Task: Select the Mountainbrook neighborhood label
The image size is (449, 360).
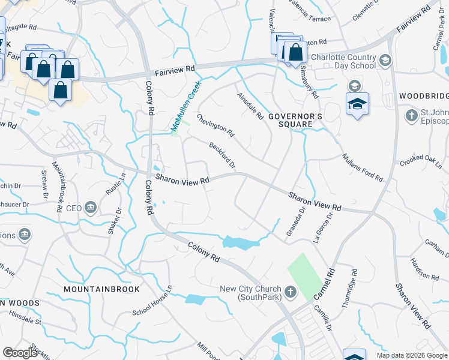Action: point(101,289)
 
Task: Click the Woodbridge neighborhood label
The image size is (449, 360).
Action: point(424,97)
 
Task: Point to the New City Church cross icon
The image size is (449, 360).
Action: point(290,292)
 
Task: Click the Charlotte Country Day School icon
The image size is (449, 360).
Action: point(385,61)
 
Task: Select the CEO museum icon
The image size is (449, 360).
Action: point(91,208)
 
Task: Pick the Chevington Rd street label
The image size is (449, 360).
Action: point(215,126)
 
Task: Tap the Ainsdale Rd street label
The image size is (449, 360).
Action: point(251,106)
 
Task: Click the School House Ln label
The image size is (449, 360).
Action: point(152,308)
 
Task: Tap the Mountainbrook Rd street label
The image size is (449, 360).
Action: point(58,188)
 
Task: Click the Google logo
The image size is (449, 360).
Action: point(20,353)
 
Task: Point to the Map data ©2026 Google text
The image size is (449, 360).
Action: point(411,355)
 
